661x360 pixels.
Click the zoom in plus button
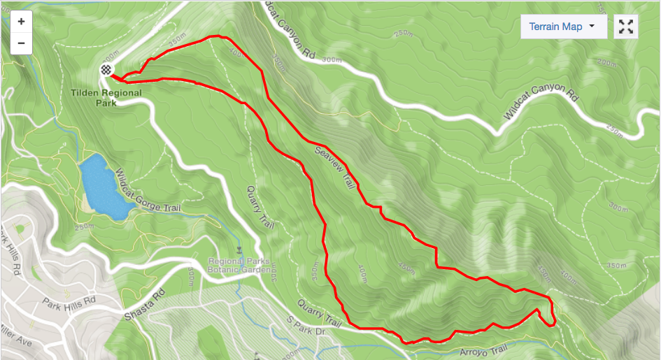(x=21, y=21)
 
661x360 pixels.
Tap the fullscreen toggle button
(x=626, y=27)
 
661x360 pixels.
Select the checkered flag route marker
(x=106, y=69)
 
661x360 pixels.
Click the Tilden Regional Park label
(x=97, y=96)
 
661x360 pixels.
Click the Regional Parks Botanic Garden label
(x=239, y=266)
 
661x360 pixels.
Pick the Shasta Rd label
(x=143, y=305)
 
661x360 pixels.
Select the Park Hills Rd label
(x=68, y=303)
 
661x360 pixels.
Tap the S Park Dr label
(x=306, y=326)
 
